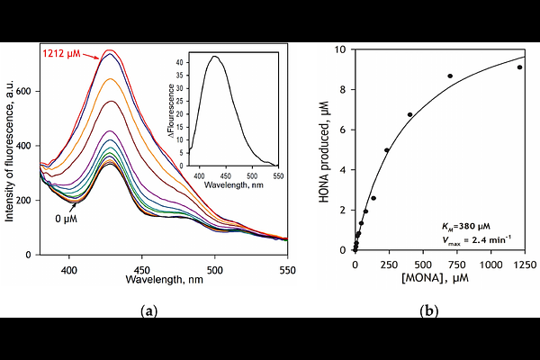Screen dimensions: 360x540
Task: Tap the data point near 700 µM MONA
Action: pos(450,76)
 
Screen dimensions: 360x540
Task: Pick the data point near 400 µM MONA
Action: pos(409,114)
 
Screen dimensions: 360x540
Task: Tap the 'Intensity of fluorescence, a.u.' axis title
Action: pos(12,149)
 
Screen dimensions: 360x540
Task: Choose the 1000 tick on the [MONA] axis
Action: pos(491,265)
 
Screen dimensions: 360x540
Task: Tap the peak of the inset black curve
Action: pos(215,56)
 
